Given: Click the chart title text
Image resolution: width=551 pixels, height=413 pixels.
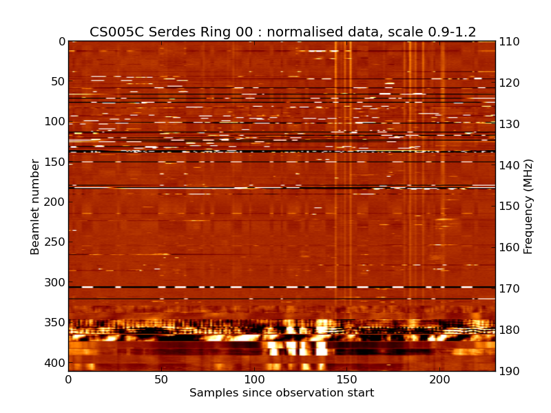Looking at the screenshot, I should (x=282, y=32).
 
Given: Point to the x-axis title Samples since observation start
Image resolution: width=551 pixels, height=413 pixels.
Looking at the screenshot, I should (x=282, y=393).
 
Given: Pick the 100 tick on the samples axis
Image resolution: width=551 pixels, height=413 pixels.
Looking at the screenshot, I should (x=254, y=379).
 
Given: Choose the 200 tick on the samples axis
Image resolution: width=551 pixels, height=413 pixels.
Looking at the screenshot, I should (x=439, y=379).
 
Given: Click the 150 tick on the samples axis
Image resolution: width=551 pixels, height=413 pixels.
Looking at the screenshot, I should (x=346, y=379).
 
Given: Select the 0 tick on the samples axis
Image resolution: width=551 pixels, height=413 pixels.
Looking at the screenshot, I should (x=68, y=379).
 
